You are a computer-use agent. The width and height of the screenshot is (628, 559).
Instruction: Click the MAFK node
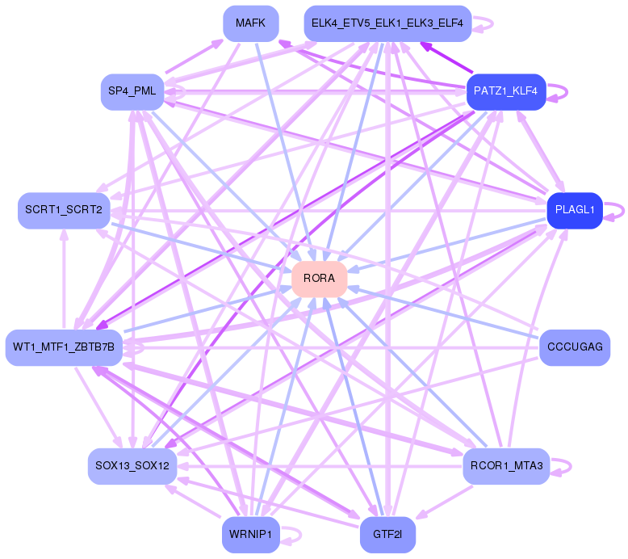click(x=250, y=23)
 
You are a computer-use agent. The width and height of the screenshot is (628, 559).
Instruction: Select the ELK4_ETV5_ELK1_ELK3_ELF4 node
click(x=387, y=23)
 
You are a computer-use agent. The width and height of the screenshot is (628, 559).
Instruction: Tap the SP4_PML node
click(x=132, y=91)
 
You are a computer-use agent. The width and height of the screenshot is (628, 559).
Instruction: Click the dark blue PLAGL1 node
click(x=575, y=210)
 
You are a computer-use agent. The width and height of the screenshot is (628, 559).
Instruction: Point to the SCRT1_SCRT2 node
click(x=63, y=210)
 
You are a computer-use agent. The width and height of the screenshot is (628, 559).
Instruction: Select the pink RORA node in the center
click(x=319, y=278)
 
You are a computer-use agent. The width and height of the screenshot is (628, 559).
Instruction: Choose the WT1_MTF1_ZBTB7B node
click(x=64, y=347)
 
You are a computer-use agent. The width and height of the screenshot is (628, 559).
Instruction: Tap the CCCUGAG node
click(x=574, y=347)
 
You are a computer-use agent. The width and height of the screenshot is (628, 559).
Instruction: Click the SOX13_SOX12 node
click(x=132, y=466)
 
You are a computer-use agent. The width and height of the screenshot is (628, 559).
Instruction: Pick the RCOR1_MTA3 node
click(x=506, y=465)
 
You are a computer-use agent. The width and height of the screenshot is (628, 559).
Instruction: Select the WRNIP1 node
click(x=250, y=534)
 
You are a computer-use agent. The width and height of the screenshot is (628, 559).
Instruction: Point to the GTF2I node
click(x=387, y=534)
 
